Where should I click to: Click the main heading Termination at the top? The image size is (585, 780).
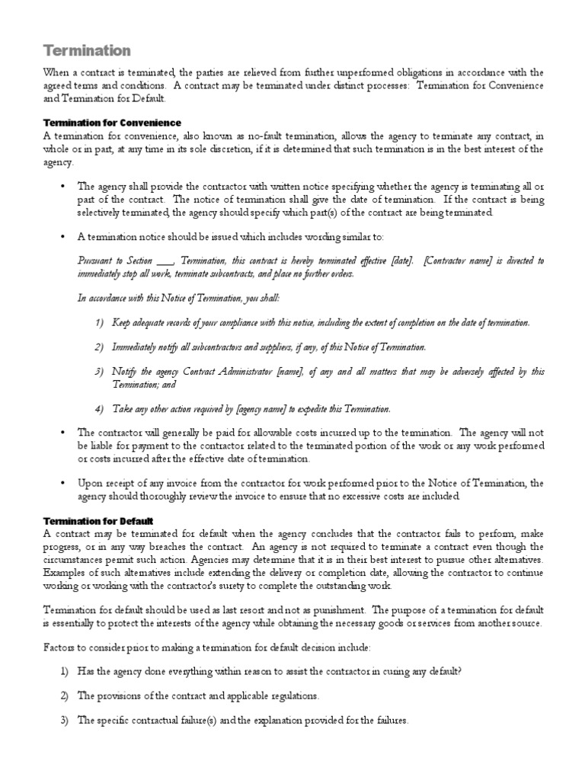click(86, 50)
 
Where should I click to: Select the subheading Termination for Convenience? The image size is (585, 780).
click(111, 123)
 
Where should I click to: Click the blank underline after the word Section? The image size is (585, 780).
click(164, 261)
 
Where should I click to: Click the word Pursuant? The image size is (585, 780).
click(95, 261)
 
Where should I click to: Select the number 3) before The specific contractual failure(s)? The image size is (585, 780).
click(64, 720)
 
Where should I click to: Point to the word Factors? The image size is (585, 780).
click(59, 647)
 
